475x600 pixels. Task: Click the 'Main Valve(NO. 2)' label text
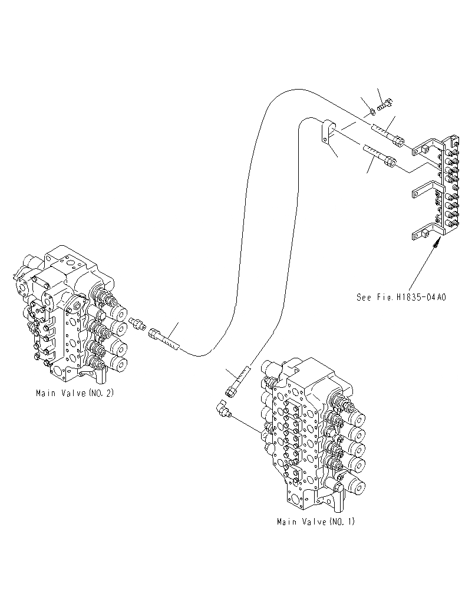[74, 393]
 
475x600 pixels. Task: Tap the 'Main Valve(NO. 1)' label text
[316, 522]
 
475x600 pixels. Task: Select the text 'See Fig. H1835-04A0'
[401, 297]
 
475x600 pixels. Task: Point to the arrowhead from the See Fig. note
[437, 242]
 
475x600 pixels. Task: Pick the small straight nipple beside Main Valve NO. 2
[138, 324]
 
